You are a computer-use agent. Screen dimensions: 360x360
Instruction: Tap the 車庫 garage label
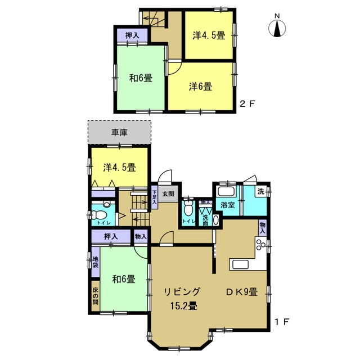tap(119, 133)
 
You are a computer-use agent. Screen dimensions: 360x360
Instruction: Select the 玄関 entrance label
tap(168, 194)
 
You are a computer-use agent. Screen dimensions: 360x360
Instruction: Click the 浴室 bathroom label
tap(227, 205)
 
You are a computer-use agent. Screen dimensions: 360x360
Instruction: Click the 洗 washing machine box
tap(261, 191)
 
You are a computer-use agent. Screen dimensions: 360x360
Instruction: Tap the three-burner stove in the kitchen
tap(261, 244)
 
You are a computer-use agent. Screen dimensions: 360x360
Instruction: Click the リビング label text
tap(182, 292)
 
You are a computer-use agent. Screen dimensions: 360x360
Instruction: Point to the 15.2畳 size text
tap(183, 306)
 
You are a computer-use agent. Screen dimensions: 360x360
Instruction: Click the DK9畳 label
tap(241, 292)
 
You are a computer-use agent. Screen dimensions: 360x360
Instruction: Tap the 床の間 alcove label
tap(95, 295)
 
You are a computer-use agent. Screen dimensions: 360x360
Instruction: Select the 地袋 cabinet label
tap(95, 262)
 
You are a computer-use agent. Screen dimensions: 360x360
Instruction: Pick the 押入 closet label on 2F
tap(132, 35)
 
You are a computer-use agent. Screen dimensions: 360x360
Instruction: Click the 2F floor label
tap(247, 104)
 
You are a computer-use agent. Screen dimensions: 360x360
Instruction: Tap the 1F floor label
tap(282, 322)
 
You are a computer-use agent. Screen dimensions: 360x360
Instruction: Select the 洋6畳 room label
tap(200, 87)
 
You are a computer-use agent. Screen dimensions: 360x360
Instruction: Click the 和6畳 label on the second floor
tap(141, 78)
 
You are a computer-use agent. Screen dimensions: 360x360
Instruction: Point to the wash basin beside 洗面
tap(215, 220)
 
